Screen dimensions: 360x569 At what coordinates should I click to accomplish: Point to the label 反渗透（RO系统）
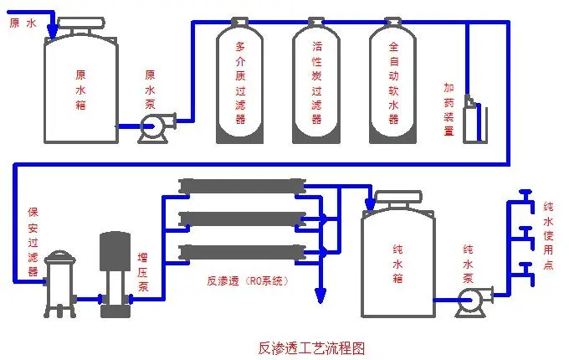pyautogui.click(x=249, y=281)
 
